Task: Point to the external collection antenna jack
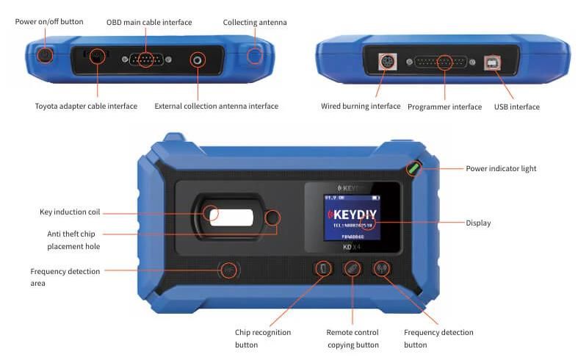[x=197, y=60]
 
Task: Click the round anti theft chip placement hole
[x=273, y=217]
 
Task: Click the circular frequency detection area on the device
[x=229, y=270]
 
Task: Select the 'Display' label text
[x=478, y=223]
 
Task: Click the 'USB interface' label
[x=516, y=107]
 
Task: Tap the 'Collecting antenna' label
[x=255, y=22]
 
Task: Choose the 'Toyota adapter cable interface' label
[x=86, y=106]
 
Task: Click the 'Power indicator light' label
[x=501, y=168]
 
